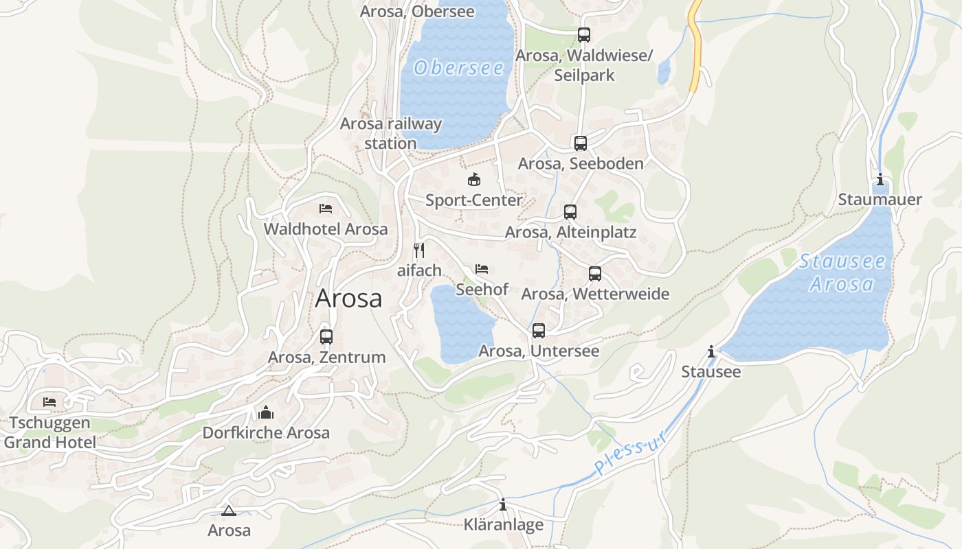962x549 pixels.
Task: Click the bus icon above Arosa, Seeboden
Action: pyautogui.click(x=581, y=143)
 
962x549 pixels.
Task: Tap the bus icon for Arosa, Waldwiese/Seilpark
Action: pyautogui.click(x=584, y=35)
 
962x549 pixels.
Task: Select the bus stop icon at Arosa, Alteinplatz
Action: pyautogui.click(x=570, y=212)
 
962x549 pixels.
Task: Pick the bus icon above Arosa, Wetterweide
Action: pyautogui.click(x=595, y=274)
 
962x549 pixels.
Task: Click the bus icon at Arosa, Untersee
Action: pyautogui.click(x=539, y=331)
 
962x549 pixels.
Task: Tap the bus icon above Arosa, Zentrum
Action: pyautogui.click(x=326, y=337)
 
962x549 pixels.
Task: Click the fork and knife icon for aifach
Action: pyautogui.click(x=419, y=250)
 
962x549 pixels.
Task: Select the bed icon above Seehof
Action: pyautogui.click(x=482, y=269)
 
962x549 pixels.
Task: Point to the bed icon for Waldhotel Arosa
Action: pyautogui.click(x=326, y=209)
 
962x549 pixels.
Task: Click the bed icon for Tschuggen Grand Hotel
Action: pyautogui.click(x=49, y=402)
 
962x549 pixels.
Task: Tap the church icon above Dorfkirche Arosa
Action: pyautogui.click(x=266, y=412)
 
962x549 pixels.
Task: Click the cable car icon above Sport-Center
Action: pyautogui.click(x=473, y=180)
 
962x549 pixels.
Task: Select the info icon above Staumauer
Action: pyautogui.click(x=880, y=180)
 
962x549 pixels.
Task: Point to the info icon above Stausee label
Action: pyautogui.click(x=711, y=352)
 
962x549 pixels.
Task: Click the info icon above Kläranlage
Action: pyautogui.click(x=503, y=505)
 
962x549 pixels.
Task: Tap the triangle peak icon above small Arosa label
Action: pyautogui.click(x=229, y=511)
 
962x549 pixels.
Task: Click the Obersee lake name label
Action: pyautogui.click(x=459, y=68)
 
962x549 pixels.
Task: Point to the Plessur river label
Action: pyautogui.click(x=631, y=454)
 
